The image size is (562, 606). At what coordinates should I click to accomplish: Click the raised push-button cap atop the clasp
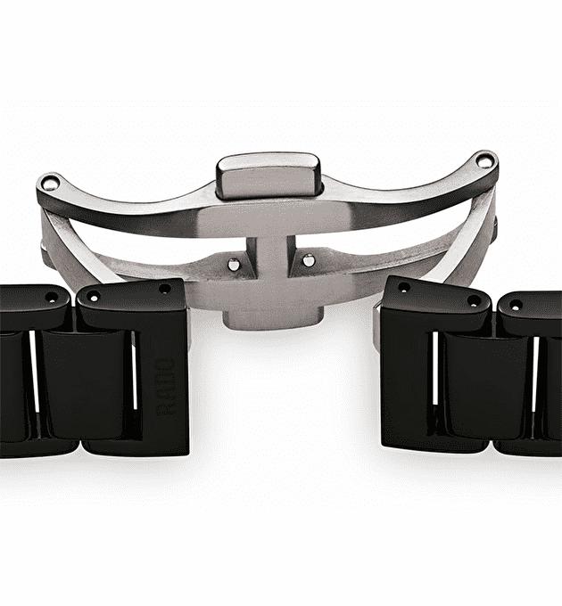tap(269, 176)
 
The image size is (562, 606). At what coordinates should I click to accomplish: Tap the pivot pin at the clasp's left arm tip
tap(50, 183)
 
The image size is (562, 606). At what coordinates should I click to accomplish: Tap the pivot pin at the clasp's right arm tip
tap(483, 160)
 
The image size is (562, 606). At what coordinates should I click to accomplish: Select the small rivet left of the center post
tap(233, 264)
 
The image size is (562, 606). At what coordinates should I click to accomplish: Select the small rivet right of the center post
tap(309, 260)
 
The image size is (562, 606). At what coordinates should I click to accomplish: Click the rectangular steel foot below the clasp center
tap(273, 320)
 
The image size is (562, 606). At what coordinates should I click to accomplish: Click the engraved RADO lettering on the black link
tap(165, 388)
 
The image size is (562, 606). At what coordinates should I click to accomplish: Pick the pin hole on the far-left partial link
tap(51, 297)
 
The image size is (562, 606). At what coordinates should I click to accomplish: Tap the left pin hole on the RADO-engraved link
tap(94, 297)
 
